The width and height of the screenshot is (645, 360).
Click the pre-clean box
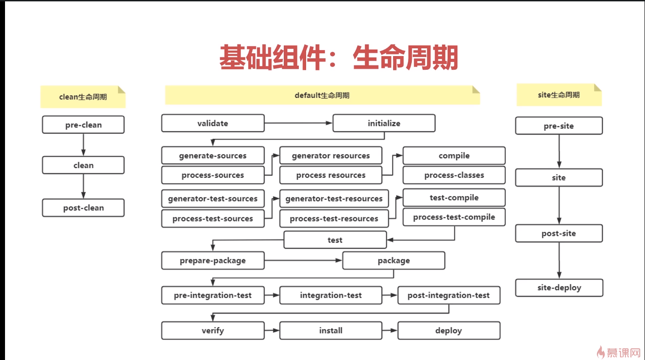[x=83, y=125]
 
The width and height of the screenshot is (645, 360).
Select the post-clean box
[x=83, y=208]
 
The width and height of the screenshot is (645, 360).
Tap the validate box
[x=213, y=123]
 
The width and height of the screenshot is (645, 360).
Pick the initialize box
[x=384, y=123]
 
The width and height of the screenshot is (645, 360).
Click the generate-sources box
[x=213, y=155]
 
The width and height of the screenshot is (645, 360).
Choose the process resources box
[x=331, y=175]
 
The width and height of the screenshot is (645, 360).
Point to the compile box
[x=454, y=155]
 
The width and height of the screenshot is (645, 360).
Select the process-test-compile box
[x=454, y=217]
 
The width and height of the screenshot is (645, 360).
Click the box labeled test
[x=335, y=240]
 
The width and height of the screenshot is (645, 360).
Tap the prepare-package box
[x=213, y=261]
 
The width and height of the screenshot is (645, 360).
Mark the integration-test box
[x=331, y=295]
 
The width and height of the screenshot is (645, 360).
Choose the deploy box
[x=449, y=330]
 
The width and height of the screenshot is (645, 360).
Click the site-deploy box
[x=559, y=288]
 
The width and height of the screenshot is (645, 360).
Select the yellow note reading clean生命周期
[x=83, y=97]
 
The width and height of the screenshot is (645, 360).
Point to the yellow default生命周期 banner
[x=322, y=95]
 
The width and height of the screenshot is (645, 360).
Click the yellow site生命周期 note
[x=559, y=95]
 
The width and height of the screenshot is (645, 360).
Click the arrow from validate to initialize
[x=298, y=123]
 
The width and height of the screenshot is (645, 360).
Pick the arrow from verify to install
[x=272, y=330]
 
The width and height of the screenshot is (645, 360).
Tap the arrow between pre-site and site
[x=559, y=151]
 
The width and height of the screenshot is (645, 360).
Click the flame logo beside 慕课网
[x=601, y=351]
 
